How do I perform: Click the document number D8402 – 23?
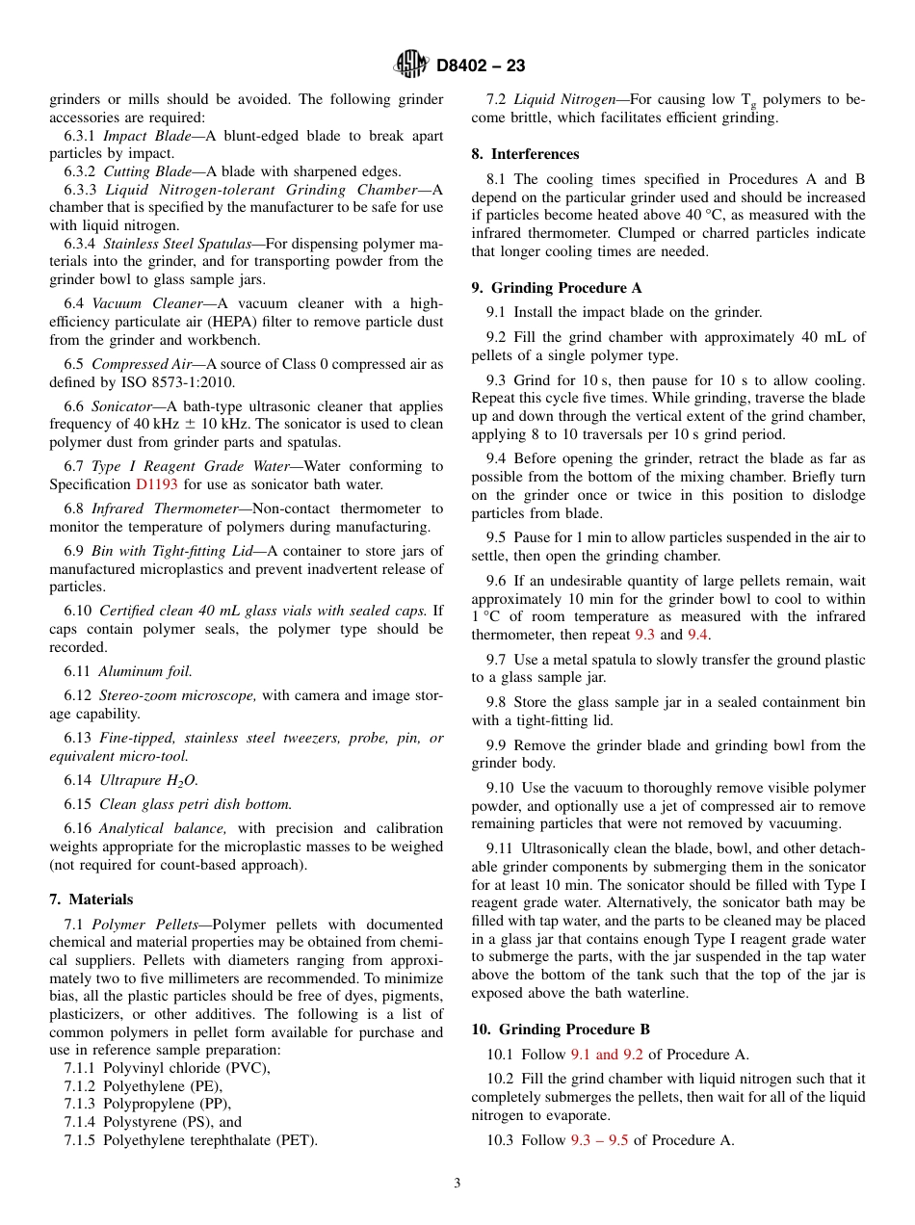(x=481, y=66)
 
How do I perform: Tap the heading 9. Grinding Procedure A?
(x=556, y=288)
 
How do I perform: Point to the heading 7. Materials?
(x=91, y=899)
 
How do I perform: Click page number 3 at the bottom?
(x=457, y=1184)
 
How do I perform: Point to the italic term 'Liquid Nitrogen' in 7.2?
(x=564, y=99)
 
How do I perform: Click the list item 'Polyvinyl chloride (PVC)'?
(x=167, y=1068)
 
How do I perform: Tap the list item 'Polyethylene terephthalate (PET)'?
(x=191, y=1140)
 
